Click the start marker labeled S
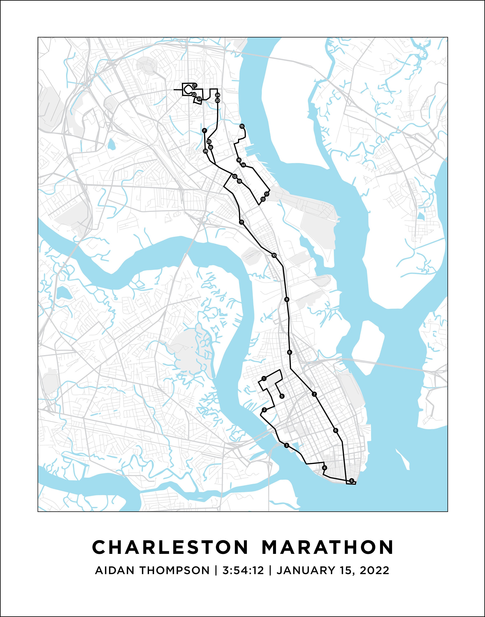tap(282, 396)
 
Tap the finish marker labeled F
tap(204, 131)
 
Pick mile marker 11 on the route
tap(241, 222)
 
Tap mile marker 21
tap(194, 85)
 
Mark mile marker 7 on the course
tap(314, 394)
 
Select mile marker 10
tap(274, 255)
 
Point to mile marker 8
tap(289, 353)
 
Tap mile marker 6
tap(336, 430)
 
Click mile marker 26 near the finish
tap(206, 151)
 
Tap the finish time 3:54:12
tap(243, 570)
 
